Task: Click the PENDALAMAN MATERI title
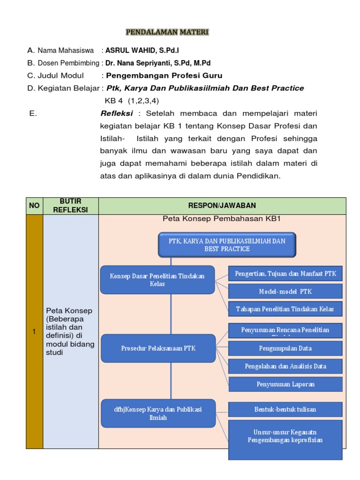[x=167, y=32]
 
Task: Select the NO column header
[x=34, y=206]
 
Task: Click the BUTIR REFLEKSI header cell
[x=70, y=206]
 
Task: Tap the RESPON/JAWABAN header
[x=222, y=206]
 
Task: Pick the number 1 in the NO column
[x=34, y=332]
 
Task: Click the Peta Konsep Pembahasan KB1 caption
[x=221, y=219]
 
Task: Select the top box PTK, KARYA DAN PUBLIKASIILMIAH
[x=227, y=245]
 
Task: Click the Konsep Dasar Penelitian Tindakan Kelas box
[x=157, y=280]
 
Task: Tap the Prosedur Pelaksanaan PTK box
[x=158, y=348]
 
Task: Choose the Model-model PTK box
[x=285, y=291]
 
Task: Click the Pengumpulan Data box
[x=285, y=348]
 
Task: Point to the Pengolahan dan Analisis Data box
[x=285, y=366]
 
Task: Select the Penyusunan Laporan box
[x=285, y=384]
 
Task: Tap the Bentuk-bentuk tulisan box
[x=285, y=409]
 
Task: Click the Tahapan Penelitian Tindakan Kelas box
[x=285, y=308]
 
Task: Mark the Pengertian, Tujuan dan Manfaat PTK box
[x=285, y=274]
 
